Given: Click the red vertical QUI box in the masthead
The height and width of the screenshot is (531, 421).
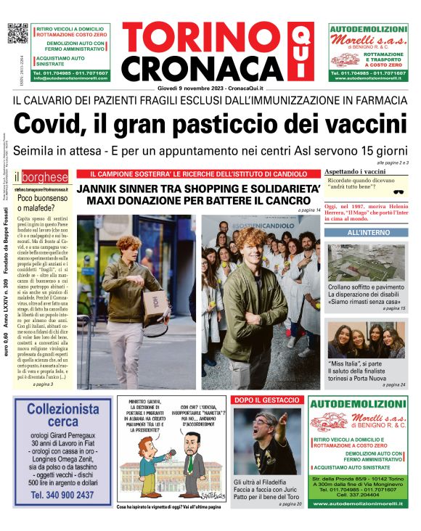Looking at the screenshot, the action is (297, 50).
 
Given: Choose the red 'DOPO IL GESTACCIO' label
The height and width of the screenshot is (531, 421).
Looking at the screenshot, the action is (265, 400).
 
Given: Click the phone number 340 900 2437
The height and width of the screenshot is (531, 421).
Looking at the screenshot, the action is (62, 495).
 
